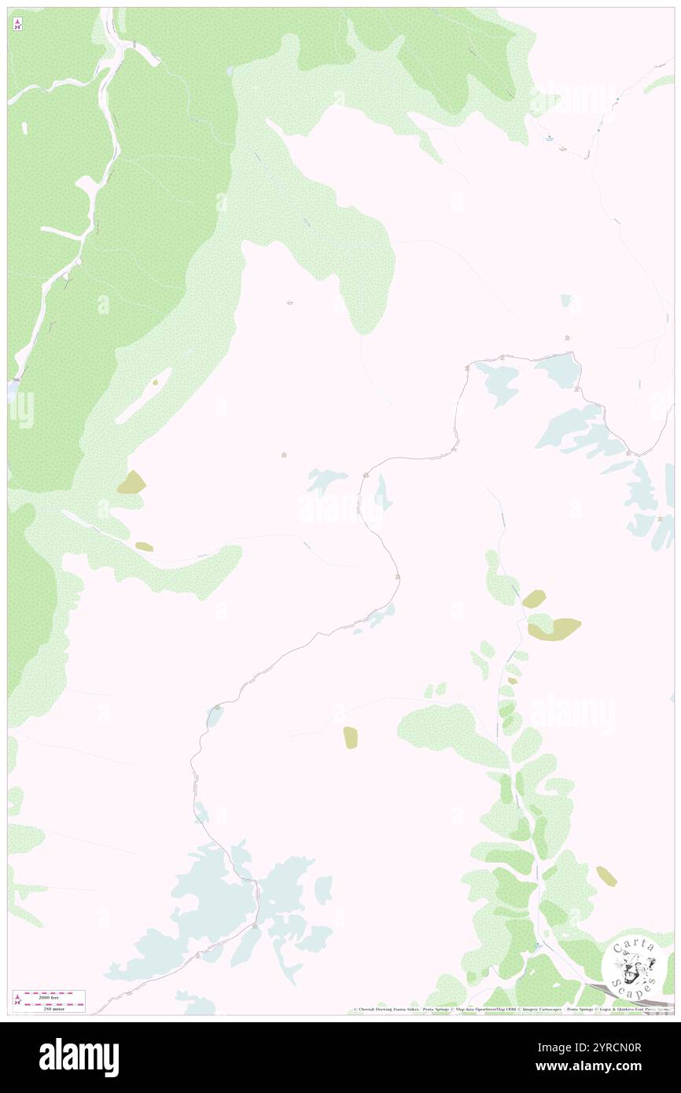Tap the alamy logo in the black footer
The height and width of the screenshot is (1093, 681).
tap(79, 1057)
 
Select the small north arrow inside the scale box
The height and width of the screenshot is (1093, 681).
tap(17, 1000)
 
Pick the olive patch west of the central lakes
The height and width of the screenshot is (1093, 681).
tap(132, 483)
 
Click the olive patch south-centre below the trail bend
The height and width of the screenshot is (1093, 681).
tap(351, 738)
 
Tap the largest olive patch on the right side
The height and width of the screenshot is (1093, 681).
tap(557, 629)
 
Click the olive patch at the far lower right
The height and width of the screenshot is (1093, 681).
tap(606, 875)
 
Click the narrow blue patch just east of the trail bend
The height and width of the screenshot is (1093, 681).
tap(383, 493)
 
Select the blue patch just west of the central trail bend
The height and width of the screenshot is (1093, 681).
tap(326, 480)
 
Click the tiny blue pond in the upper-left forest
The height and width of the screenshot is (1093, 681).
tap(229, 72)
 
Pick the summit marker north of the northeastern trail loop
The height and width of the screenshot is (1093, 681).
tap(567, 338)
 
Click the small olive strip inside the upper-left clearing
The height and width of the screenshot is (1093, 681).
tap(155, 382)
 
